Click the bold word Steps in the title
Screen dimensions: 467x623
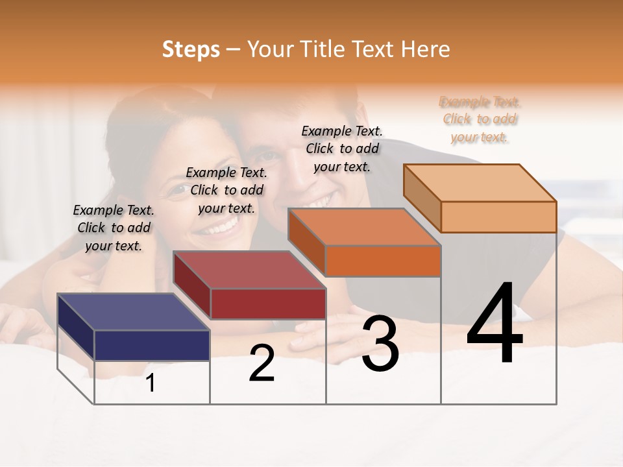(x=191, y=49)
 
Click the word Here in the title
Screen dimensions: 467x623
(x=426, y=49)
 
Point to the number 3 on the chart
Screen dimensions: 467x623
(x=380, y=344)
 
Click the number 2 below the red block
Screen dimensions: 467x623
(x=262, y=363)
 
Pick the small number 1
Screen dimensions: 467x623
(x=151, y=383)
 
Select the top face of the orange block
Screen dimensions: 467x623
(x=364, y=227)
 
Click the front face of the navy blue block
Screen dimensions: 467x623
(x=152, y=345)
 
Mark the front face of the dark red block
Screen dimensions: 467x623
(x=268, y=304)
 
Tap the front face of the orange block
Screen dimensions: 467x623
(x=383, y=261)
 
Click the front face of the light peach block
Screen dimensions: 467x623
(x=498, y=217)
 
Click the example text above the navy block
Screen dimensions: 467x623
(x=114, y=228)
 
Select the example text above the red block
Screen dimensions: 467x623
(x=226, y=190)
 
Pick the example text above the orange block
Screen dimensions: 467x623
(x=342, y=149)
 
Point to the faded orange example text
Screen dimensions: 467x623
(x=480, y=119)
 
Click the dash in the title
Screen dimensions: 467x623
(x=234, y=49)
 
